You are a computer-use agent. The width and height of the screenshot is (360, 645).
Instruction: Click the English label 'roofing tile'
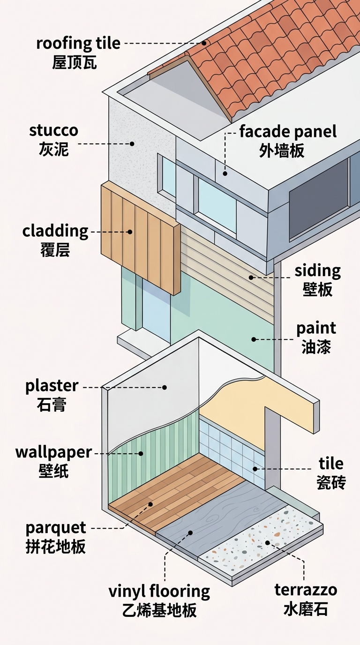[x=78, y=44]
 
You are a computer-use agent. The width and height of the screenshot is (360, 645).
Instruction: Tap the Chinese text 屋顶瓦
[x=75, y=63]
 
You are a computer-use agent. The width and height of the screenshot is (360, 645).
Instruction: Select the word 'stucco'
[x=53, y=130]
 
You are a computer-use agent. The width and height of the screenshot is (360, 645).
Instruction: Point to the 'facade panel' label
[x=288, y=132]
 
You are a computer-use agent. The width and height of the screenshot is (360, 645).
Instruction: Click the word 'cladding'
[x=55, y=231]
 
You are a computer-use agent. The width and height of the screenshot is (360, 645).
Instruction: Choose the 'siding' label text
[x=317, y=271]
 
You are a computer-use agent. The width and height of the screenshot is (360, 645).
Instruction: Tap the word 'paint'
[x=316, y=329]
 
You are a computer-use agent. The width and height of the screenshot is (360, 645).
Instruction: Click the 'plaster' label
[x=52, y=386]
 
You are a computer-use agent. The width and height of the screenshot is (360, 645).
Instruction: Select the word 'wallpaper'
[x=53, y=453]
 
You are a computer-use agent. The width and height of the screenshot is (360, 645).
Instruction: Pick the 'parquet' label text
[x=56, y=528]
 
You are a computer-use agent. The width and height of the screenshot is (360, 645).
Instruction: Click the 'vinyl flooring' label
[x=159, y=592]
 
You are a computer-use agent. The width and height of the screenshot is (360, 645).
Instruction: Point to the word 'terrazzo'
[x=306, y=590]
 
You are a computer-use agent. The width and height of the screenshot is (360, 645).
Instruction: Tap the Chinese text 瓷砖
[x=331, y=482]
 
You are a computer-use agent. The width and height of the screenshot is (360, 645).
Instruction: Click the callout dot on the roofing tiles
[x=204, y=43]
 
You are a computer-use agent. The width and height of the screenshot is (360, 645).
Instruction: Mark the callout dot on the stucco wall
[x=132, y=143]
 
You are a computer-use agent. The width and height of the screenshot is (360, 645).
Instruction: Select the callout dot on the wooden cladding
[x=130, y=232]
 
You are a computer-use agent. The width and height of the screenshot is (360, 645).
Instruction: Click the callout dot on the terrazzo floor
[x=267, y=543]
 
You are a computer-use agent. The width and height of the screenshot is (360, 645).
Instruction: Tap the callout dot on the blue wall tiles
[x=255, y=469]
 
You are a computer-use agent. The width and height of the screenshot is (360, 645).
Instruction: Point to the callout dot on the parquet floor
[x=150, y=504]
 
